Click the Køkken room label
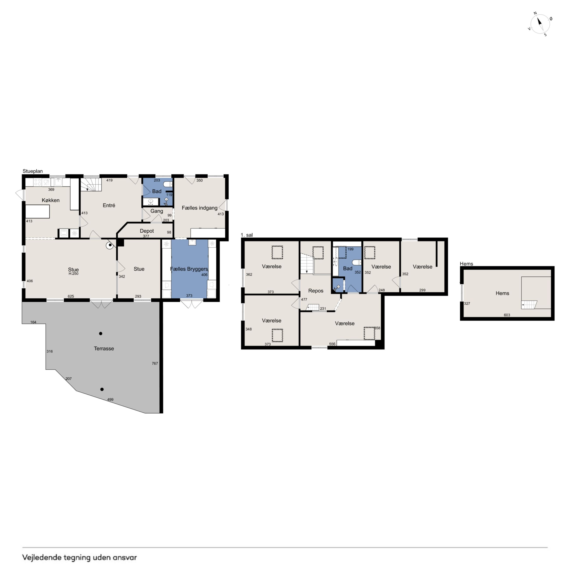[x=50, y=200]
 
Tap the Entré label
[x=109, y=205]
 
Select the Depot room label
[x=147, y=231]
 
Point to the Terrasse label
[x=104, y=348]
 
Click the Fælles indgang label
[x=199, y=208]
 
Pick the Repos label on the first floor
[x=316, y=291]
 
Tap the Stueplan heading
[x=33, y=171]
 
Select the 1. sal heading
[x=247, y=235]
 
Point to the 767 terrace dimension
[x=155, y=363]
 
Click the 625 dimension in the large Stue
[x=71, y=296]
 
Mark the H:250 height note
[x=73, y=274]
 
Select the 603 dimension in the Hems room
[x=507, y=315]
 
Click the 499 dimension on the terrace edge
[x=110, y=399]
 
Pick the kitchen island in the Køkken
[x=37, y=212]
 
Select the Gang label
[x=157, y=211]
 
